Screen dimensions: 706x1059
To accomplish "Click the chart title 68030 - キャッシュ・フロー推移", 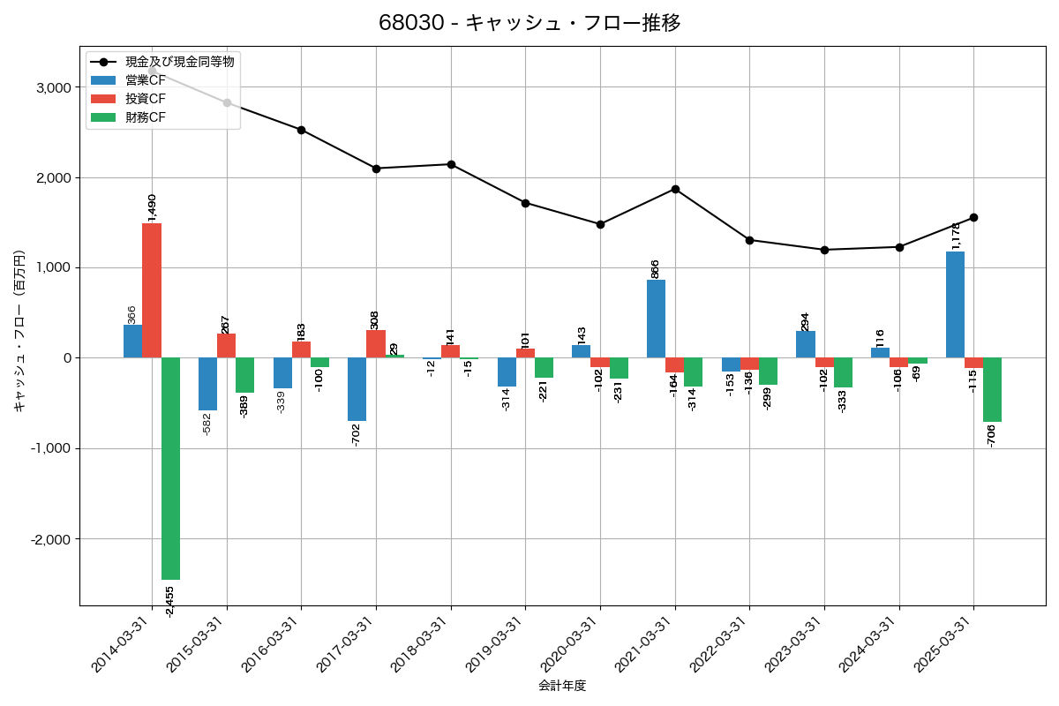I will [529, 23].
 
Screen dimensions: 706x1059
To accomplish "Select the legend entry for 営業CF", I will [145, 80].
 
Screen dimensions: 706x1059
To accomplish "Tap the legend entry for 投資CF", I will [145, 99].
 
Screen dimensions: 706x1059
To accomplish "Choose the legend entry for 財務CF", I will [145, 116].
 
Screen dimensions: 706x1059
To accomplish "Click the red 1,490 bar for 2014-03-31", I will [152, 290].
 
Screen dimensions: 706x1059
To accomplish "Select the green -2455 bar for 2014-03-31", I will [170, 468].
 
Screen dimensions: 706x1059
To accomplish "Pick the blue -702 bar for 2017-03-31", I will [357, 389].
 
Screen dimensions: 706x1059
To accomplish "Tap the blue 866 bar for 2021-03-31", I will [656, 319].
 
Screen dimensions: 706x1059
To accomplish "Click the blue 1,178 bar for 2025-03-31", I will [955, 304].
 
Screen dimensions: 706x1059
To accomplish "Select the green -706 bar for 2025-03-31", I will [992, 389].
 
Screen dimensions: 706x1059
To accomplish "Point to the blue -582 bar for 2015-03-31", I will [207, 384].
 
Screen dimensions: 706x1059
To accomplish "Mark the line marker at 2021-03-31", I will [675, 189].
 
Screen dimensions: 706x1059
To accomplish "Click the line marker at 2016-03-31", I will [302, 130].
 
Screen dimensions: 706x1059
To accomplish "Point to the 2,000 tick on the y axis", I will [55, 177].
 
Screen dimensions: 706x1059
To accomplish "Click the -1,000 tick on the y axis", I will [52, 448].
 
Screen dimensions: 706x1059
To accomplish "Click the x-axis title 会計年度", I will [562, 686].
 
